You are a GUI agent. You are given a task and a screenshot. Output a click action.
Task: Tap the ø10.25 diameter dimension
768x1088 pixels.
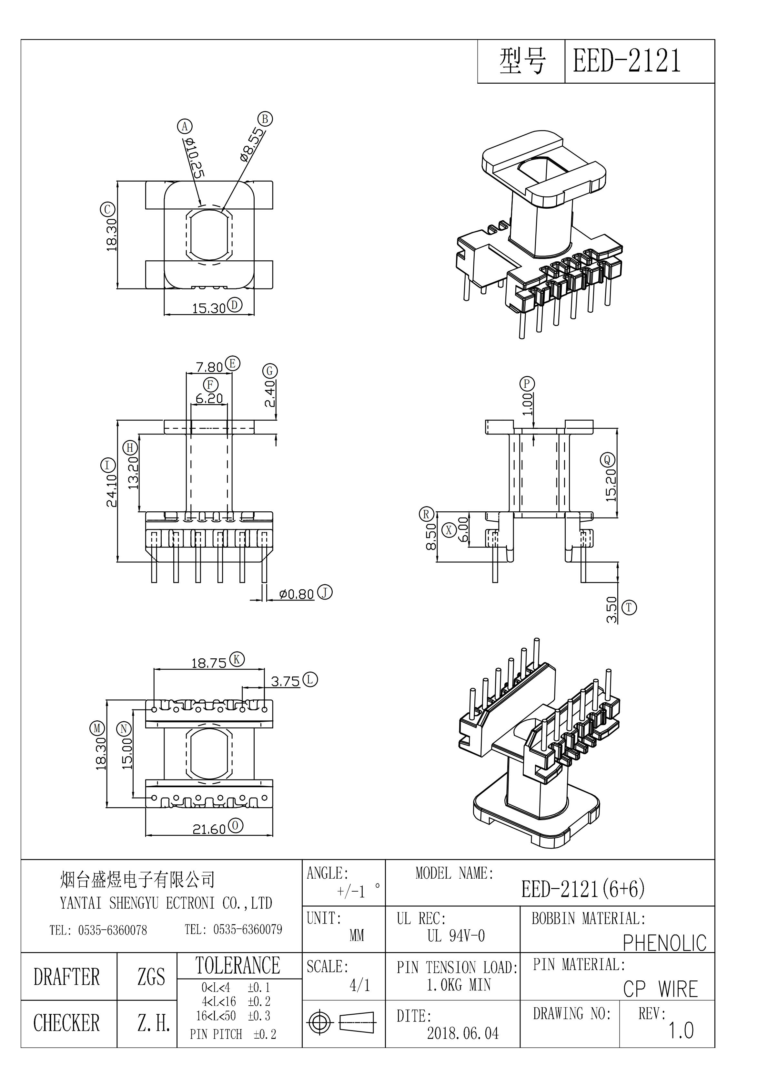pos(195,158)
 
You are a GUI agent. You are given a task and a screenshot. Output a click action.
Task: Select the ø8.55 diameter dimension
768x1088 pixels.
pos(251,144)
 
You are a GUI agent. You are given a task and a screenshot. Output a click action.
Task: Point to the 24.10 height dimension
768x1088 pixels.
pos(111,490)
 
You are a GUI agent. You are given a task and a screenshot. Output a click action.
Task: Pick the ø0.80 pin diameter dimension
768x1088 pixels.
pos(297,594)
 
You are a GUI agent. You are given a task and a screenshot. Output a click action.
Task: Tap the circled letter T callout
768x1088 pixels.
pos(629,608)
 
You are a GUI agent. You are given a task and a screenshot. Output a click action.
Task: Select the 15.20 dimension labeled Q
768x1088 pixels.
pos(611,485)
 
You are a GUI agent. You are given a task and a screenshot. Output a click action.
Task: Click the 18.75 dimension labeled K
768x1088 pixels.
pos(209,663)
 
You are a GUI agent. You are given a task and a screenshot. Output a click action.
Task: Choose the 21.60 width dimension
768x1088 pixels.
pos(209,829)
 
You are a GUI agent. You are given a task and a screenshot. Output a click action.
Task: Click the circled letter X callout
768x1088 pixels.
pos(449,530)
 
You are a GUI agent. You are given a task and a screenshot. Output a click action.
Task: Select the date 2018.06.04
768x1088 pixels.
pos(463,1033)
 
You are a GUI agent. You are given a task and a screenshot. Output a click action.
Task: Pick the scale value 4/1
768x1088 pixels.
pos(359,985)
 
